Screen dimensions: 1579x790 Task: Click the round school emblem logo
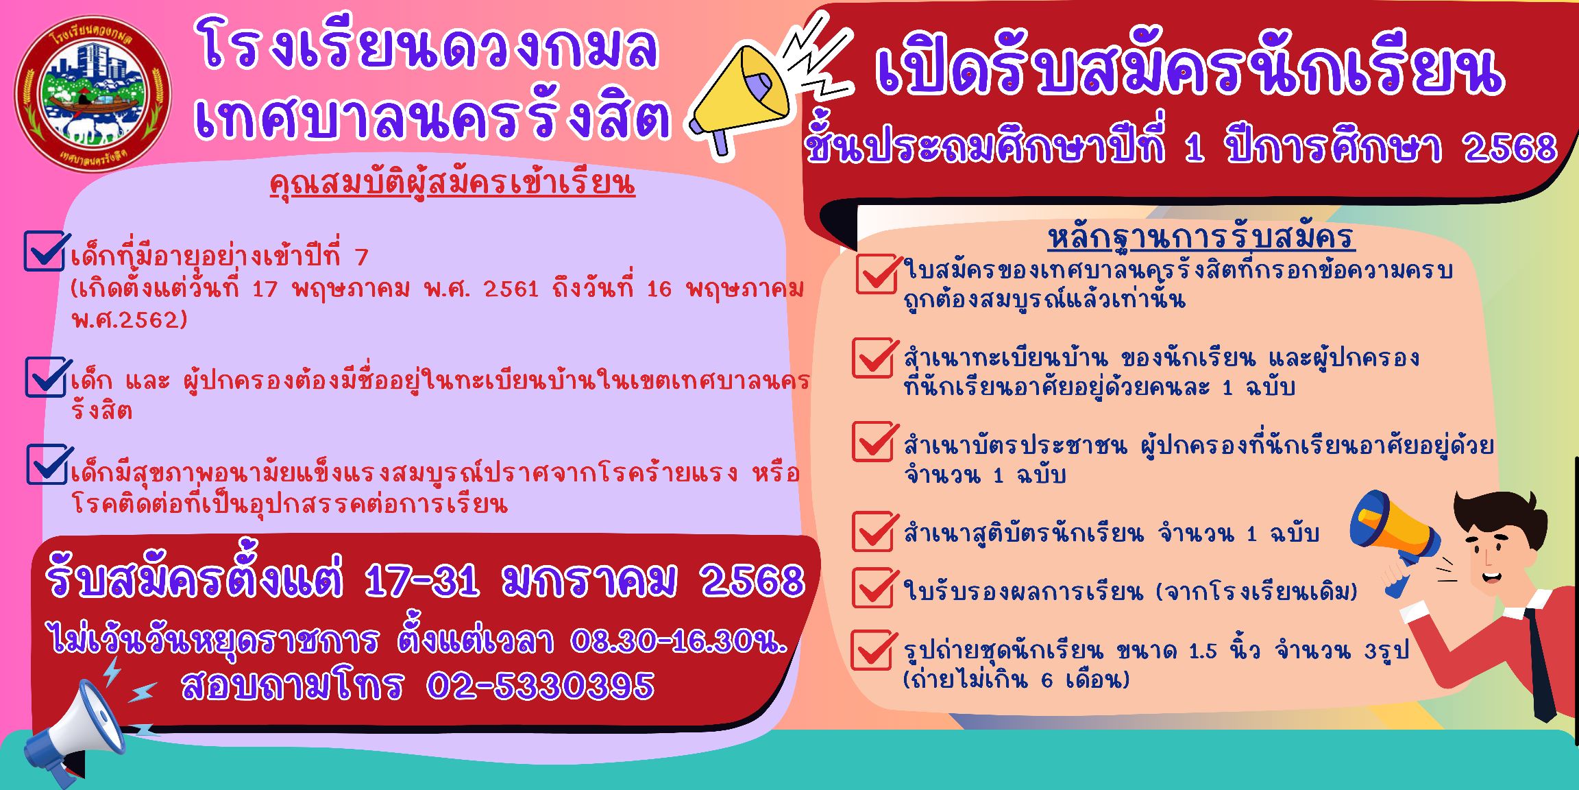click(93, 94)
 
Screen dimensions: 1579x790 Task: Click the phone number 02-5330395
click(540, 686)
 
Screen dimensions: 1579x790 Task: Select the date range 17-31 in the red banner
click(421, 582)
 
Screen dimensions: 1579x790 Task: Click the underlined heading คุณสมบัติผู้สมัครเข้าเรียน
click(452, 184)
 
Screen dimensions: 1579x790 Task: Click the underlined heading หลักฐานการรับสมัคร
click(1201, 237)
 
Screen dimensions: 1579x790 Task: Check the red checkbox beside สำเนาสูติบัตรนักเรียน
click(874, 531)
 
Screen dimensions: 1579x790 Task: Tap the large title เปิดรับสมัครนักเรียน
click(1190, 71)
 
